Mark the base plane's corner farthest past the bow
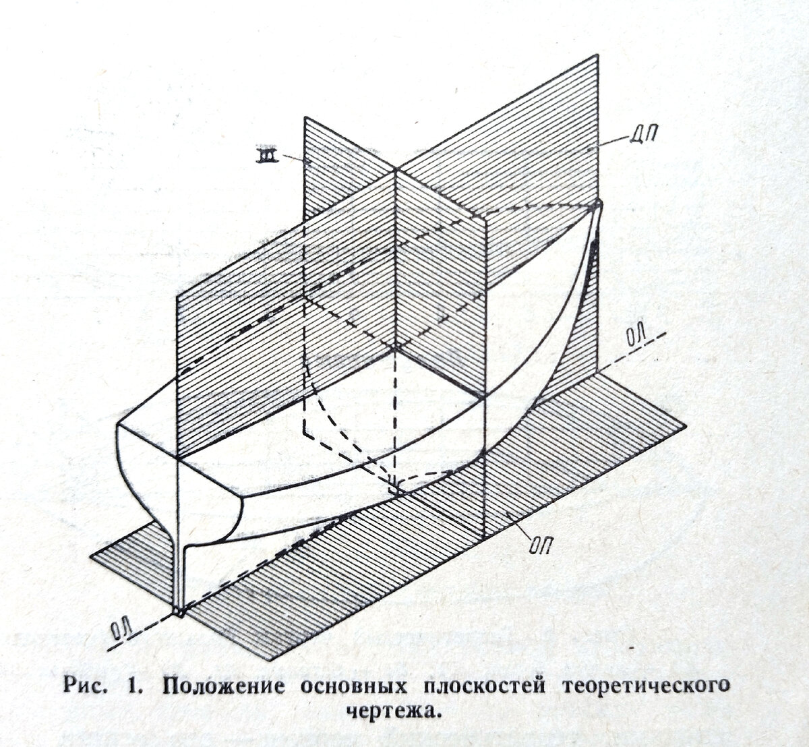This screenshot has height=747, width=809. (684, 427)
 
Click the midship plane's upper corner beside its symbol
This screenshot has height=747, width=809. (305, 118)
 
